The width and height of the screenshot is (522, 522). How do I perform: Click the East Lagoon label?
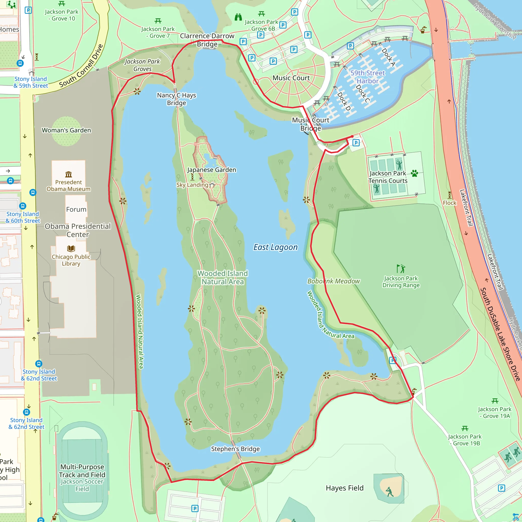275,247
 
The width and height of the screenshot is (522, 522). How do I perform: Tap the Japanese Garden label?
212,170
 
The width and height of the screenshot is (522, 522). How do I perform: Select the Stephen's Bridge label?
235,449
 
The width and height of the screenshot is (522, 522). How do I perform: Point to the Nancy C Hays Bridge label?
176,99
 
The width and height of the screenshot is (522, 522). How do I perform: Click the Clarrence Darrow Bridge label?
207,40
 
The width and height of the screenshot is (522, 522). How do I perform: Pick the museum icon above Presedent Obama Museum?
69,174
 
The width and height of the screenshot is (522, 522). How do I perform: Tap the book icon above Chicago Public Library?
71,248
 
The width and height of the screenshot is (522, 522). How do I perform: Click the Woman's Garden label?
66,130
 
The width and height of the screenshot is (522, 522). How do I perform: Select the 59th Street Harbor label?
368,77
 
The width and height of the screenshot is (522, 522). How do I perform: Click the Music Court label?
291,78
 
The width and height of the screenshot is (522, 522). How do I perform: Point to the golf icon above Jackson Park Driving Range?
401,269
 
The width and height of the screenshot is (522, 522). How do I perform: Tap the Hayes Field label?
345,488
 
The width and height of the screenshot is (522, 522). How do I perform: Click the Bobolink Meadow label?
333,281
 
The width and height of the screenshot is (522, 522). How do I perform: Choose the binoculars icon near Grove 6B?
238,17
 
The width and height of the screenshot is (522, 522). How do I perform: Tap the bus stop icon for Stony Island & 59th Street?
20,63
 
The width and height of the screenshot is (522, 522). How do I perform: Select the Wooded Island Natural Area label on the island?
223,278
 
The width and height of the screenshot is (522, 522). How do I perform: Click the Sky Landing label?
192,185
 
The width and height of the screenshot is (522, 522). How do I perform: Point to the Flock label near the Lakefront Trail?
449,203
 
